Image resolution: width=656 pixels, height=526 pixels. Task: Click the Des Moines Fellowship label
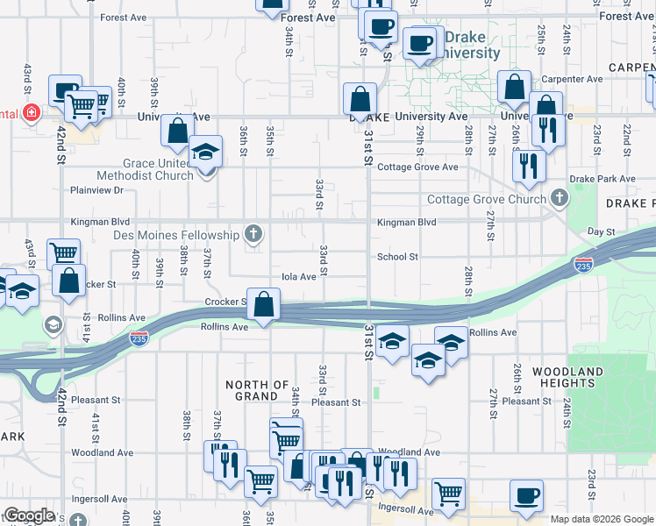[176, 235]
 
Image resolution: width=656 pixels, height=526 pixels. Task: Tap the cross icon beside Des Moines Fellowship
[253, 233]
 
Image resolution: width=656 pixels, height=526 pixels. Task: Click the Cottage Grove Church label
[486, 200]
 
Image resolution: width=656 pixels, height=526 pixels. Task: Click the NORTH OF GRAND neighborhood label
[257, 390]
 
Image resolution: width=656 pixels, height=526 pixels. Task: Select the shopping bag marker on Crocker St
[263, 305]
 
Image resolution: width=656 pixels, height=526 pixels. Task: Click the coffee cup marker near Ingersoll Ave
[526, 497]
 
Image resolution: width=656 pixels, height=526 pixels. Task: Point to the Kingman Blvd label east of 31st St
[407, 223]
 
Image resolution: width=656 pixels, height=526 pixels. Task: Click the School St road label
[397, 258]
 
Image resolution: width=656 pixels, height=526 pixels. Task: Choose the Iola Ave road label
[298, 277]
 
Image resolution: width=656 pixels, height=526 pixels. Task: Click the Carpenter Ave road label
[576, 79]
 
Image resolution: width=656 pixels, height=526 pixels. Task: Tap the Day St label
[601, 232]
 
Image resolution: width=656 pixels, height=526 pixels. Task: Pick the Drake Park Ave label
[602, 179]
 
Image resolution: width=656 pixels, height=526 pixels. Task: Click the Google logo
[29, 515]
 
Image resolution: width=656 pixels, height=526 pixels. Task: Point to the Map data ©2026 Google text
[602, 519]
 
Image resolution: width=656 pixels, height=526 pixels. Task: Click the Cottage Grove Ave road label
[418, 167]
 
